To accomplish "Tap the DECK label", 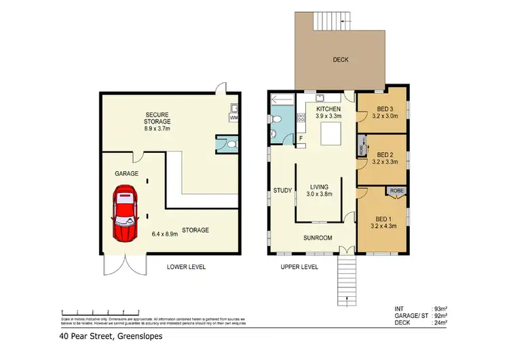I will (x=341, y=60).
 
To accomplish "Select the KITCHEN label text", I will (x=328, y=109).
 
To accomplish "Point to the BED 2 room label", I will (x=384, y=154).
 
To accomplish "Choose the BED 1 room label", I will (x=384, y=219).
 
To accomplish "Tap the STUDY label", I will (x=282, y=190).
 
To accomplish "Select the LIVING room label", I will (x=319, y=187).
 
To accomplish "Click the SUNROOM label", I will (x=318, y=238).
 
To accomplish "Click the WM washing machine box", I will (x=234, y=118).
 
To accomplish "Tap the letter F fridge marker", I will (x=301, y=139).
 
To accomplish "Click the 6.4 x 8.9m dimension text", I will (x=165, y=234).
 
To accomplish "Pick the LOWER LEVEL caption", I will (x=186, y=267).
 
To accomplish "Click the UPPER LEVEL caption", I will (x=299, y=267).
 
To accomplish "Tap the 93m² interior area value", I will (x=441, y=309).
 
